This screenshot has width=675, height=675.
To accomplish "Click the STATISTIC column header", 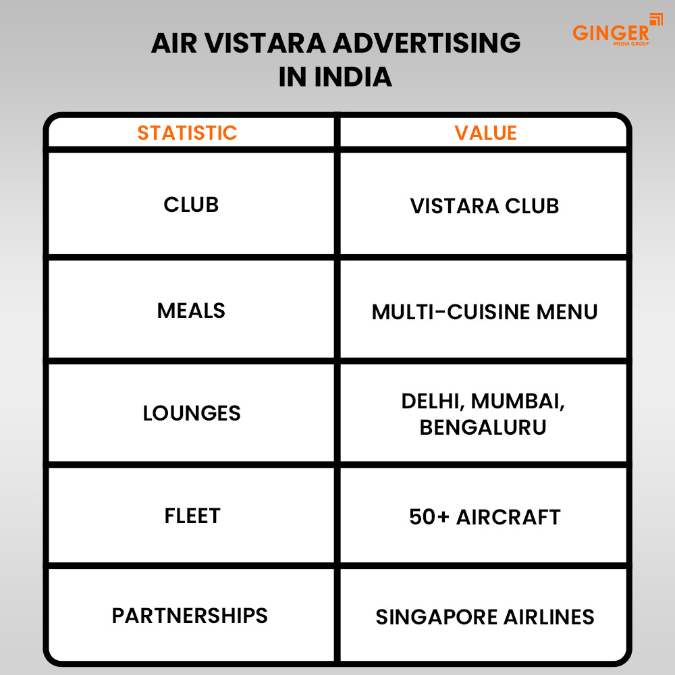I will (187, 133).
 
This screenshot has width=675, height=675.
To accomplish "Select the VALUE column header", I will (485, 133).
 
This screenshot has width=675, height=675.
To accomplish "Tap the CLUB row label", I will (191, 205).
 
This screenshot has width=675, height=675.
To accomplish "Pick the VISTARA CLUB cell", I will (485, 206).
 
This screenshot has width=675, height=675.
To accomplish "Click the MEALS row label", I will (191, 310).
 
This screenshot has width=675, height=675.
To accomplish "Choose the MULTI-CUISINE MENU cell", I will (485, 312).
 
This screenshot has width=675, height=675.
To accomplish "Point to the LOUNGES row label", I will (192, 413).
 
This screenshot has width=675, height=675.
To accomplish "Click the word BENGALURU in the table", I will (483, 427).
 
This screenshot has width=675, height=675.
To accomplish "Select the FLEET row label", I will (192, 516).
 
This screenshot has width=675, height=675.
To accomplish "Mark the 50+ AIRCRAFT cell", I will (485, 517).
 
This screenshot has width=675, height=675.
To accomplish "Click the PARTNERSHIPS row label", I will (190, 616).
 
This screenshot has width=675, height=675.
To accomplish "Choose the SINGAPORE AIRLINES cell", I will (485, 617).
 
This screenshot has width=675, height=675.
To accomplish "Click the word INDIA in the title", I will (353, 76).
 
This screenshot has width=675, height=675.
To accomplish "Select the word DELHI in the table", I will (433, 400).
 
